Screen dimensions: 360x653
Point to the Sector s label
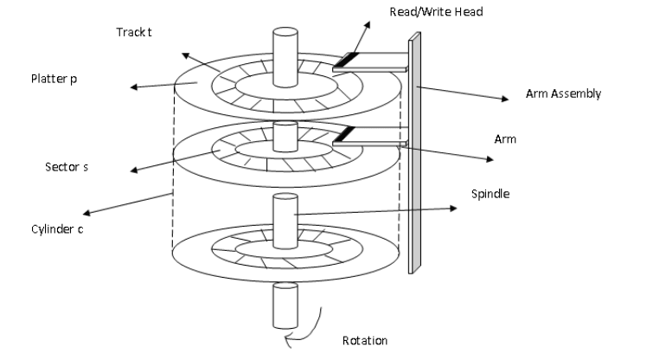pyautogui.click(x=67, y=165)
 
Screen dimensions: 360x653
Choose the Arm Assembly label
pyautogui.click(x=562, y=93)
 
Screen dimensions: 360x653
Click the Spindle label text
pyautogui.click(x=491, y=194)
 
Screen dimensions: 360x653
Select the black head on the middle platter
pyautogui.click(x=343, y=133)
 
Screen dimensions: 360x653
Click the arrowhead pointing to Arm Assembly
pyautogui.click(x=504, y=100)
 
